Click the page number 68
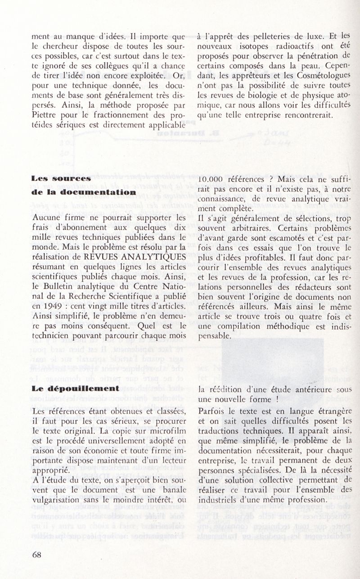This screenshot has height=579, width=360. pyautogui.click(x=37, y=555)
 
